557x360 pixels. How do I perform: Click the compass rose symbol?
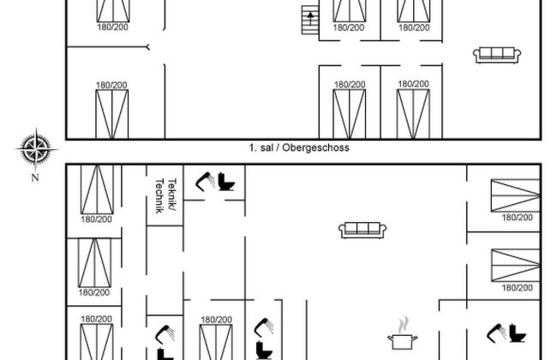coord(36,149)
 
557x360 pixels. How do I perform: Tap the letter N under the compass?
coord(35,177)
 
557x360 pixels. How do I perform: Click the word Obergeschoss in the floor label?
coord(315,147)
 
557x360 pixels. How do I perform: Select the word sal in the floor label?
coord(267,147)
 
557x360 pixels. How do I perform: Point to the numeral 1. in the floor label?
coord(253,147)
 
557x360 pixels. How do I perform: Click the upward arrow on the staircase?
coord(310,18)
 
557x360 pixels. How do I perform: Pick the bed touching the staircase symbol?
coord(350,10)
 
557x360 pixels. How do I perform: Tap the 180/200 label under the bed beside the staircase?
coord(349,27)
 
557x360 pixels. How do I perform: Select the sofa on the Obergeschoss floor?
coord(497,56)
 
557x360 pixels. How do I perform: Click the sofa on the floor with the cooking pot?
coord(362,231)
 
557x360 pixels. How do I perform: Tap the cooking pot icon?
coord(403,341)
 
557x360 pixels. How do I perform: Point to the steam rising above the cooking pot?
coord(403,325)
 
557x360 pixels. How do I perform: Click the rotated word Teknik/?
coord(172,195)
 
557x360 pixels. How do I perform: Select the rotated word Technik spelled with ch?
coord(159,195)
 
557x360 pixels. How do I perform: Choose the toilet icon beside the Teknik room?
coord(226,182)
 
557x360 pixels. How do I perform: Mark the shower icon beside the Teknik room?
coord(206,182)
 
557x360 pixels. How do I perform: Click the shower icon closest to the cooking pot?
coord(496,333)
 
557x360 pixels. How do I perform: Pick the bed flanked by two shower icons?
coord(216,342)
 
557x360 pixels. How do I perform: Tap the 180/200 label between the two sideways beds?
coord(518,217)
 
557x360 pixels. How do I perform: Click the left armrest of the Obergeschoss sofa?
coord(476,55)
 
